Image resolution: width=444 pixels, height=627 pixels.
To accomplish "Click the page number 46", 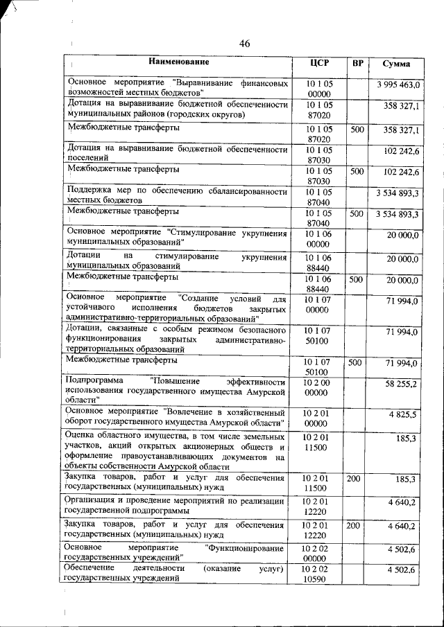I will pyautogui.click(x=244, y=44).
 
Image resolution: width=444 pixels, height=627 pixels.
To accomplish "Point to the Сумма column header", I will pyautogui.click(x=396, y=64).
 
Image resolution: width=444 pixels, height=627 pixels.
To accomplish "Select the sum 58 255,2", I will pyautogui.click(x=402, y=383).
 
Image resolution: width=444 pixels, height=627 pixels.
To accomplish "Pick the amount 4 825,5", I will pyautogui.click(x=404, y=414).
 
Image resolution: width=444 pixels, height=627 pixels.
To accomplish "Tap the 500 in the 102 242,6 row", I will pyautogui.click(x=357, y=171).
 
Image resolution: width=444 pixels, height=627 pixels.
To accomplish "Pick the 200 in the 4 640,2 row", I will pyautogui.click(x=353, y=526).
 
